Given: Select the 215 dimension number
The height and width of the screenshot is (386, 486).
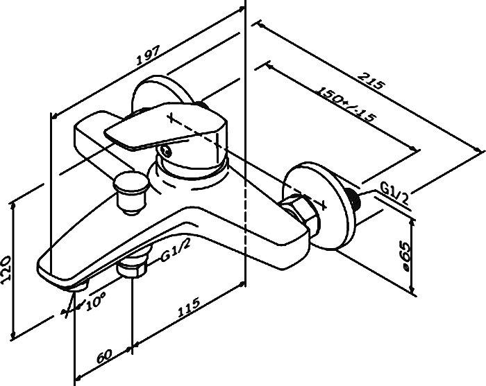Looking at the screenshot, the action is [x=371, y=80].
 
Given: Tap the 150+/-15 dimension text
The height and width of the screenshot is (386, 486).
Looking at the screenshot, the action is [x=346, y=104].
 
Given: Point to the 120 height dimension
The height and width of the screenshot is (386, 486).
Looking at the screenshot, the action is [x=6, y=269].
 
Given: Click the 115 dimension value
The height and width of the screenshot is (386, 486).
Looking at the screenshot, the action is [x=189, y=307].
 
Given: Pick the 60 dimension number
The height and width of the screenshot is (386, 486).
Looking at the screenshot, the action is [x=104, y=356].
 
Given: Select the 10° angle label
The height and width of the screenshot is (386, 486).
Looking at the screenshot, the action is [x=96, y=301].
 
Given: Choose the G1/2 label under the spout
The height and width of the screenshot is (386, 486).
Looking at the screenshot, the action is [x=176, y=251].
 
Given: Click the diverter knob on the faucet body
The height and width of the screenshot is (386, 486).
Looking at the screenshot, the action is [x=131, y=193].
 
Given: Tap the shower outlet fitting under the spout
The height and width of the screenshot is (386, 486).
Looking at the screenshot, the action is [x=133, y=265].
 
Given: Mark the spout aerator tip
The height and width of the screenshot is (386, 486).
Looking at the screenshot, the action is [x=78, y=286].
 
